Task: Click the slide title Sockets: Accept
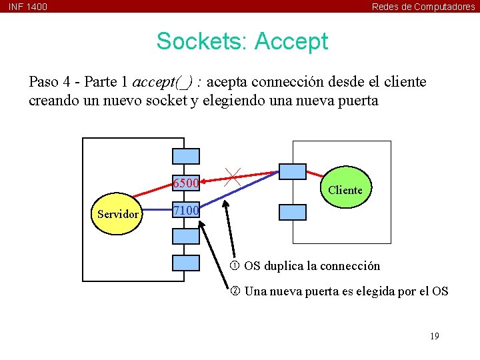click(x=242, y=41)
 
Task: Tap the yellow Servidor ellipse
click(x=118, y=214)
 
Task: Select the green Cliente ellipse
click(x=345, y=190)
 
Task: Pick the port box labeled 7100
click(x=186, y=211)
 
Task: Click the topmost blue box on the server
click(x=186, y=156)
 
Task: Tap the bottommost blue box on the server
click(x=186, y=263)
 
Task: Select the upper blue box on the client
click(x=292, y=171)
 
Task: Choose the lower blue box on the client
click(x=292, y=212)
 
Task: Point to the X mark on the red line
click(x=233, y=177)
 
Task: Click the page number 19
click(x=434, y=336)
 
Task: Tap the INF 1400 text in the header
click(x=28, y=7)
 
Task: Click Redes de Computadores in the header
click(x=423, y=7)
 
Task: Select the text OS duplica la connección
click(x=312, y=266)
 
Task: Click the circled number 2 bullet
click(x=235, y=291)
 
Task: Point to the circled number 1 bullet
click(x=235, y=266)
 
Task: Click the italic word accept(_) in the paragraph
click(x=163, y=82)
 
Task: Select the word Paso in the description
click(x=43, y=82)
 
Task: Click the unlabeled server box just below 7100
click(x=186, y=236)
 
